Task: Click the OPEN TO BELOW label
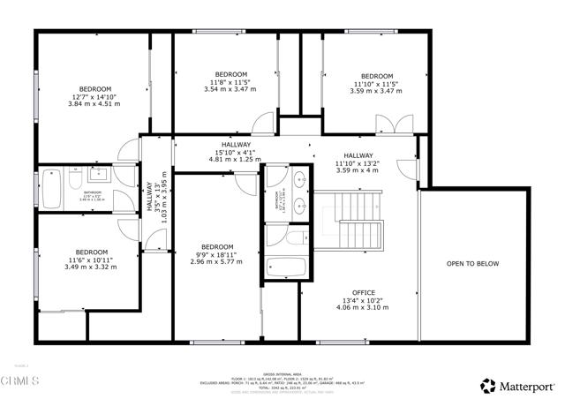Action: coord(472,263)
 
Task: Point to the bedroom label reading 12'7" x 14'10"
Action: coord(94,96)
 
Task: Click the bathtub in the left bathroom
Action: coord(50,187)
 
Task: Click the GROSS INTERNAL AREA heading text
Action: coord(279,371)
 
